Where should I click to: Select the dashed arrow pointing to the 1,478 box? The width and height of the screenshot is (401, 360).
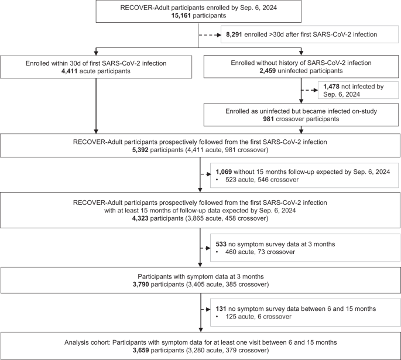pyautogui.click(x=309, y=90)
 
